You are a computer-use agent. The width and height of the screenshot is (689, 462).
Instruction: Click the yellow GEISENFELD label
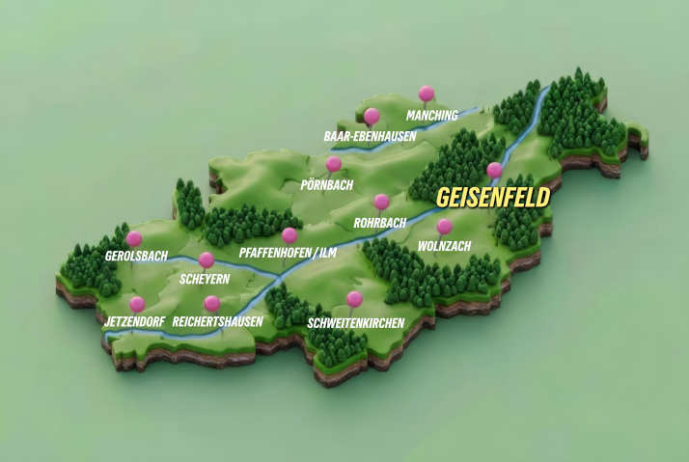point(492,198)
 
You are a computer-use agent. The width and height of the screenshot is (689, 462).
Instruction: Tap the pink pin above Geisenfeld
point(494,171)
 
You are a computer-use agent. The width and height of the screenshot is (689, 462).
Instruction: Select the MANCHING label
point(431,116)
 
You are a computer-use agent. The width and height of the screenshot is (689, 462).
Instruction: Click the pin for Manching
point(426,94)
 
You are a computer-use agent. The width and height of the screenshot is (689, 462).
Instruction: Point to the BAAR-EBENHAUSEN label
point(370,137)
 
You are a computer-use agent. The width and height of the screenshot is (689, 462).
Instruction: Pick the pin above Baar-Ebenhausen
point(372,117)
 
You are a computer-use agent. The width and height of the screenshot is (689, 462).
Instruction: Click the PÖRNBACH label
point(327,184)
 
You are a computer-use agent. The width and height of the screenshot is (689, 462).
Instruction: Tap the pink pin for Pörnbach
point(334,165)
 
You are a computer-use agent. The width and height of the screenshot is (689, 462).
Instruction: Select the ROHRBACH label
point(379,223)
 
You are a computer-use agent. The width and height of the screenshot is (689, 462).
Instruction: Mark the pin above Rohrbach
point(381,203)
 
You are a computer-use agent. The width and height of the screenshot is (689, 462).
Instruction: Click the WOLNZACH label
point(444,247)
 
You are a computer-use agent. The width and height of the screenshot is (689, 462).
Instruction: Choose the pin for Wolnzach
point(444,228)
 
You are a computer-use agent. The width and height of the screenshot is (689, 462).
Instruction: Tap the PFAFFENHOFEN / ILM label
point(288,254)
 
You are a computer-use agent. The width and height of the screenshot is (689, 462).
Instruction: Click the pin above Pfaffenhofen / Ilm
point(289,235)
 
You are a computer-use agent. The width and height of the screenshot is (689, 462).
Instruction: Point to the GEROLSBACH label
point(136,257)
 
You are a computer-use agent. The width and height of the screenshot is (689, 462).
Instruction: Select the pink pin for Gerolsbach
point(134,238)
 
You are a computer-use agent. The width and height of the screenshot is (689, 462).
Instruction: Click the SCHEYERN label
point(206,280)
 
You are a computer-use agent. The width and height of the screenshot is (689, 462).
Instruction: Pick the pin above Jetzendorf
point(137,304)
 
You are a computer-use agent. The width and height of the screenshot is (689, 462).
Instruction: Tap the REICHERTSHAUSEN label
point(217,321)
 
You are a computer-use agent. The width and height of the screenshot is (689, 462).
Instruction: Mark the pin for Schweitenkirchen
point(354,299)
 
